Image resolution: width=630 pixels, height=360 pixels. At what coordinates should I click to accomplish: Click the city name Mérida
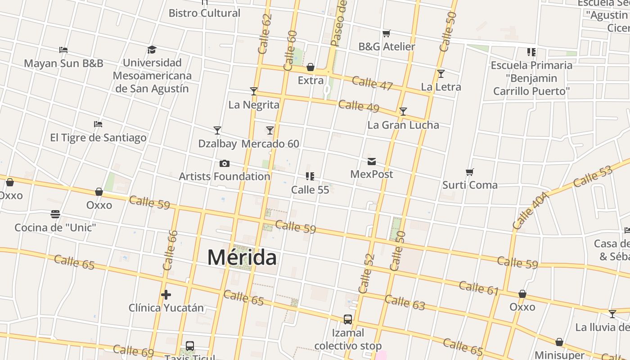tap(242, 257)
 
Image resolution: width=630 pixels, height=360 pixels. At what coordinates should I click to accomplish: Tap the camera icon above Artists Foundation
tap(224, 163)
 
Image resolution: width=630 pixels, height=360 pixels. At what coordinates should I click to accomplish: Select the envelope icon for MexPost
tap(372, 161)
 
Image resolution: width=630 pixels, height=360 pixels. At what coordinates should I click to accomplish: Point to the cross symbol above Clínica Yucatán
tap(166, 295)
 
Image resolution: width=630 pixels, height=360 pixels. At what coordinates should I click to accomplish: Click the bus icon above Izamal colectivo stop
tap(348, 319)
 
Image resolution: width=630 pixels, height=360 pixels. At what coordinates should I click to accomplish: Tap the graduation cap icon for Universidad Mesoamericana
tap(152, 49)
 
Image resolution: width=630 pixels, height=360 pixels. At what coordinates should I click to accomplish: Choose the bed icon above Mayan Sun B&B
tap(63, 50)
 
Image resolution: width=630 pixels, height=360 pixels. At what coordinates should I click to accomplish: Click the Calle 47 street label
tap(372, 83)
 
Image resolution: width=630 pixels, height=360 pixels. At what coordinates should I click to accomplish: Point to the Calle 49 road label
tap(359, 106)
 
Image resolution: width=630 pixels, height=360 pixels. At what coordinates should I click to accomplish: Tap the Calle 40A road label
tap(531, 210)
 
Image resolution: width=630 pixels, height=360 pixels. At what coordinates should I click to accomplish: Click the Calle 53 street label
tap(593, 177)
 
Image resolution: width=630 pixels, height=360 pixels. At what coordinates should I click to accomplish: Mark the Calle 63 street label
tap(405, 302)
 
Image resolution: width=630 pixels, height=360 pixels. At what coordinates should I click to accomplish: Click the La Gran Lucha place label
tap(403, 125)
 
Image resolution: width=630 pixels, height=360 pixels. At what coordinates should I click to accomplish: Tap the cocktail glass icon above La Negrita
tap(254, 91)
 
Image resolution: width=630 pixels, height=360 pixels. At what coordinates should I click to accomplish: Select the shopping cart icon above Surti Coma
tap(470, 172)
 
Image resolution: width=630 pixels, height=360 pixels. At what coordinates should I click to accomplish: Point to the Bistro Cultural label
tap(205, 13)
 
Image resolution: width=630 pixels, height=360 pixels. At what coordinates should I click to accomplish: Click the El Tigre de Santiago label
tap(98, 138)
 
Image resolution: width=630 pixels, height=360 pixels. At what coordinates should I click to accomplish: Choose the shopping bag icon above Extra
tap(310, 67)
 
